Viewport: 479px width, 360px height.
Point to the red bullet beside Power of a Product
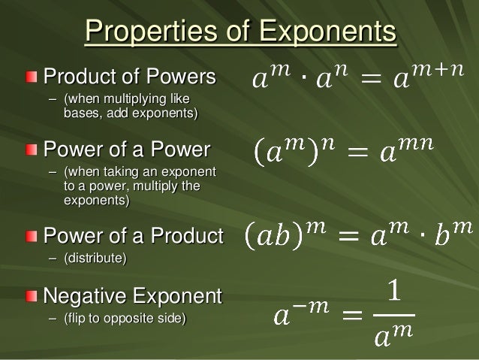click(x=29, y=237)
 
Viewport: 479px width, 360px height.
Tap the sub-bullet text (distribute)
click(x=95, y=259)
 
